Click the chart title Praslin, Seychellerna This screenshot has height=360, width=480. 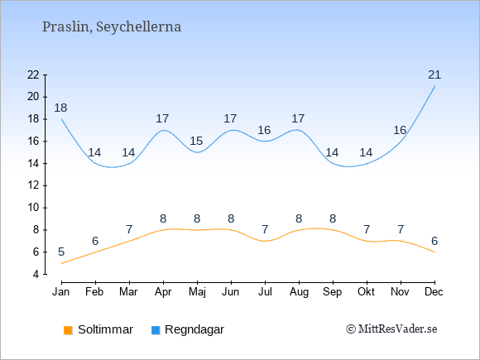coord(112,27)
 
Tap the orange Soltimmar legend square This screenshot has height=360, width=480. coord(68,330)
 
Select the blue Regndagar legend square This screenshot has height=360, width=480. coord(156,330)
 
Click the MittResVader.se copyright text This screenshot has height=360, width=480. coord(391,329)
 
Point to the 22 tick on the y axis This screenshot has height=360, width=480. coord(33,74)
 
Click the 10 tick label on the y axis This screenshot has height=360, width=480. coord(33,208)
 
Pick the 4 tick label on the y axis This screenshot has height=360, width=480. coord(36,274)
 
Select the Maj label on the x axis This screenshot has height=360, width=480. coord(197,292)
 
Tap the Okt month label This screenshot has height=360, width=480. coord(366,292)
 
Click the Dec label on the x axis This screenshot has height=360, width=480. coord(434,292)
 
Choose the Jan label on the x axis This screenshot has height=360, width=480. coord(61,292)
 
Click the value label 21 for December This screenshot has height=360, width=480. coord(434,74)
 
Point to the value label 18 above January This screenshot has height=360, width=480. coord(60,108)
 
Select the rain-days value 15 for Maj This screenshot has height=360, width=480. coord(196,142)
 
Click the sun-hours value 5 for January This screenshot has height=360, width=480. coord(61,252)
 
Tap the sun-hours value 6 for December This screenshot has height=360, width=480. coord(434,241)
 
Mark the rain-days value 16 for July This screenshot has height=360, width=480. coord(264,130)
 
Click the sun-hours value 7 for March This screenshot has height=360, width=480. coord(129,229)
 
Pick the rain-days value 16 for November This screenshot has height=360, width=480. coord(400,130)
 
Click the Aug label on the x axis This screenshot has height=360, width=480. coord(299,292)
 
